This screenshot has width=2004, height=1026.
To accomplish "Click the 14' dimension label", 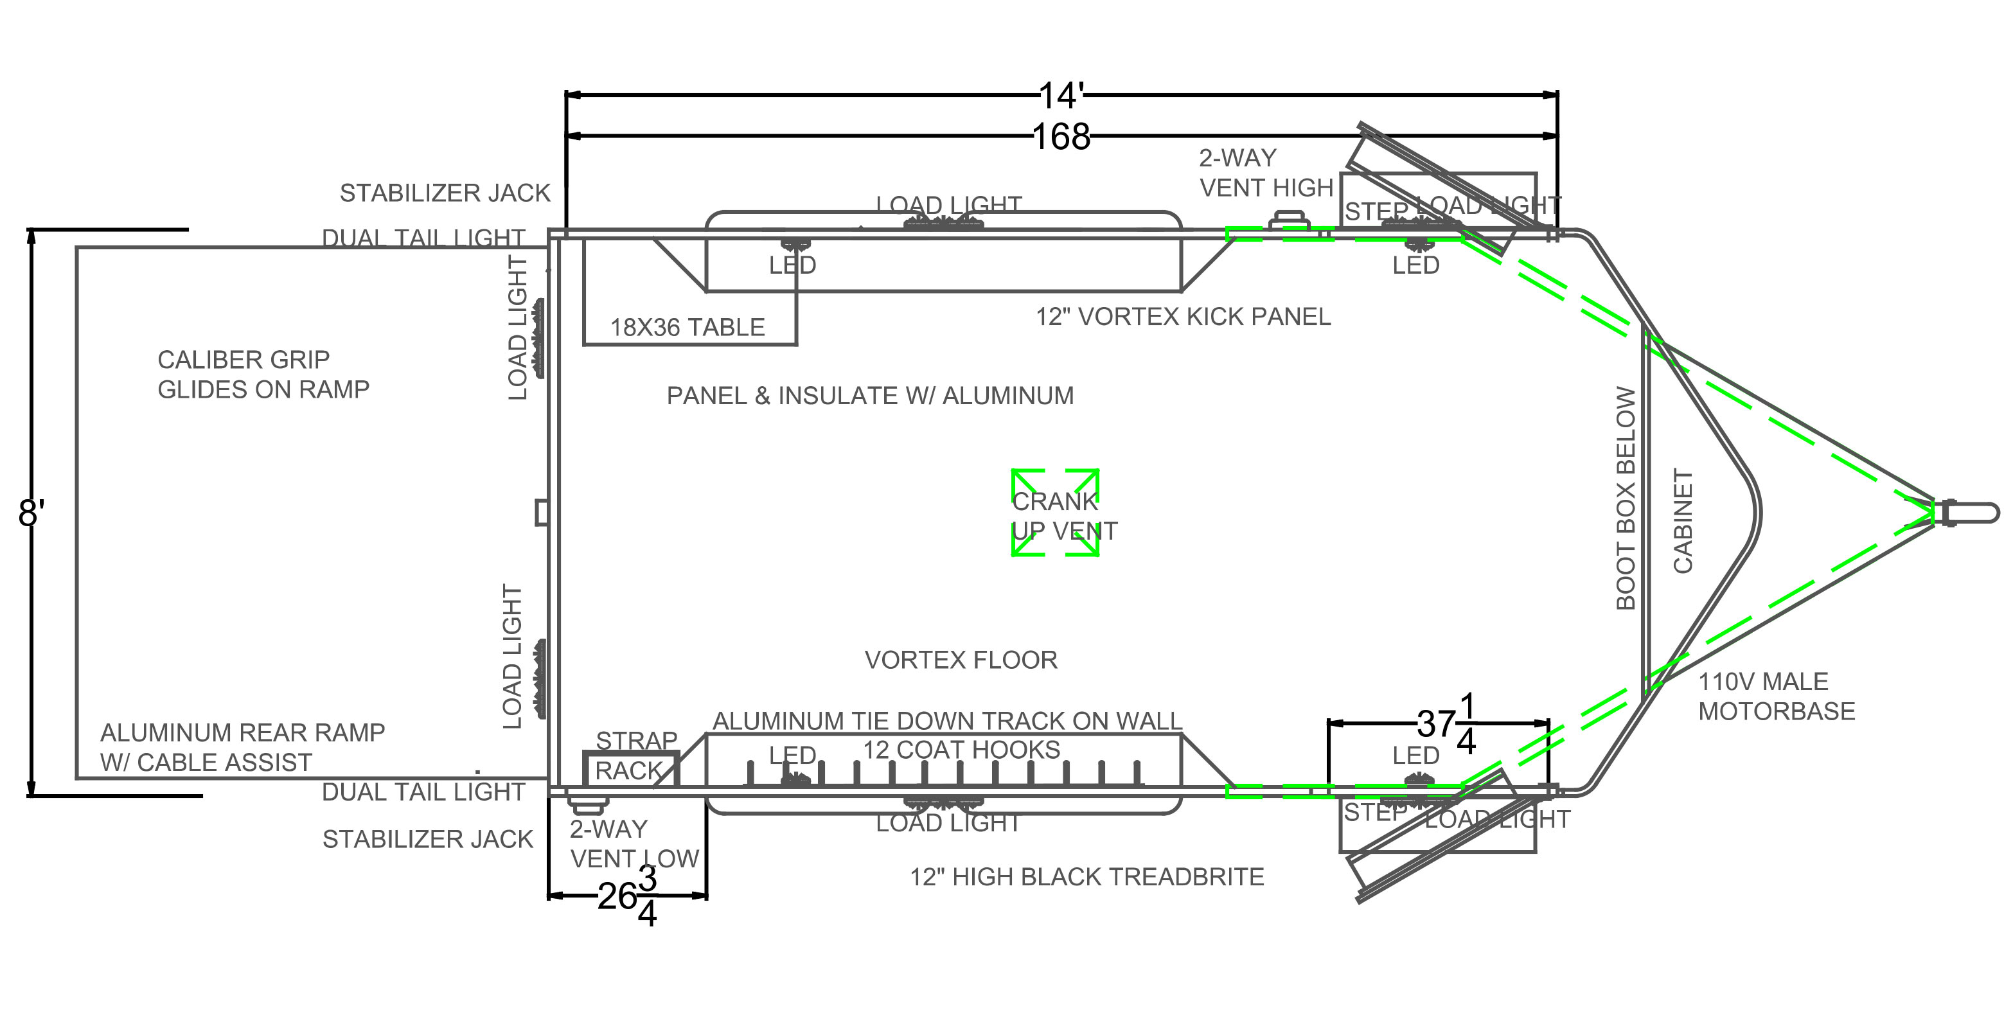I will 1061,96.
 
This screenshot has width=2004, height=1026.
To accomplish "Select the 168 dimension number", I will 1061,137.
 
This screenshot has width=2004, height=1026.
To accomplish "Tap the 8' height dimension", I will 31,514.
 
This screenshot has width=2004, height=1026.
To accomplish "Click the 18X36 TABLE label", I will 687,328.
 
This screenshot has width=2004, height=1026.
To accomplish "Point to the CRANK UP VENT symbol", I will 1055,513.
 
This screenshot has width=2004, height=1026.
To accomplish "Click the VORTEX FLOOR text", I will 961,660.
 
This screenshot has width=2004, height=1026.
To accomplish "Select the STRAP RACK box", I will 631,768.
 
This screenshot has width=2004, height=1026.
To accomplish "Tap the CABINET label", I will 1683,521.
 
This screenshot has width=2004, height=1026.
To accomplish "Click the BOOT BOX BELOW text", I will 1626,499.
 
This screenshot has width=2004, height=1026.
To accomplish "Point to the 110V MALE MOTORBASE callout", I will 1776,696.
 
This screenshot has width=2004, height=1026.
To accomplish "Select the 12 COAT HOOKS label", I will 962,750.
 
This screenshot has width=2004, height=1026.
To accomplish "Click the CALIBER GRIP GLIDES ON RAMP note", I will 263,374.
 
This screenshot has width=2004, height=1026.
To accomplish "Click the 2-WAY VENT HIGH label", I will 1266,173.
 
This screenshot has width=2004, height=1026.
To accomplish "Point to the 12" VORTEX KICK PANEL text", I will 1182,317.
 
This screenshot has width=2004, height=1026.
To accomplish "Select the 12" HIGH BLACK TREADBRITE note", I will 1086,878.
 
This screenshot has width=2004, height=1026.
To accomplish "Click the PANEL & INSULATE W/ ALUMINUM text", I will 870,396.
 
